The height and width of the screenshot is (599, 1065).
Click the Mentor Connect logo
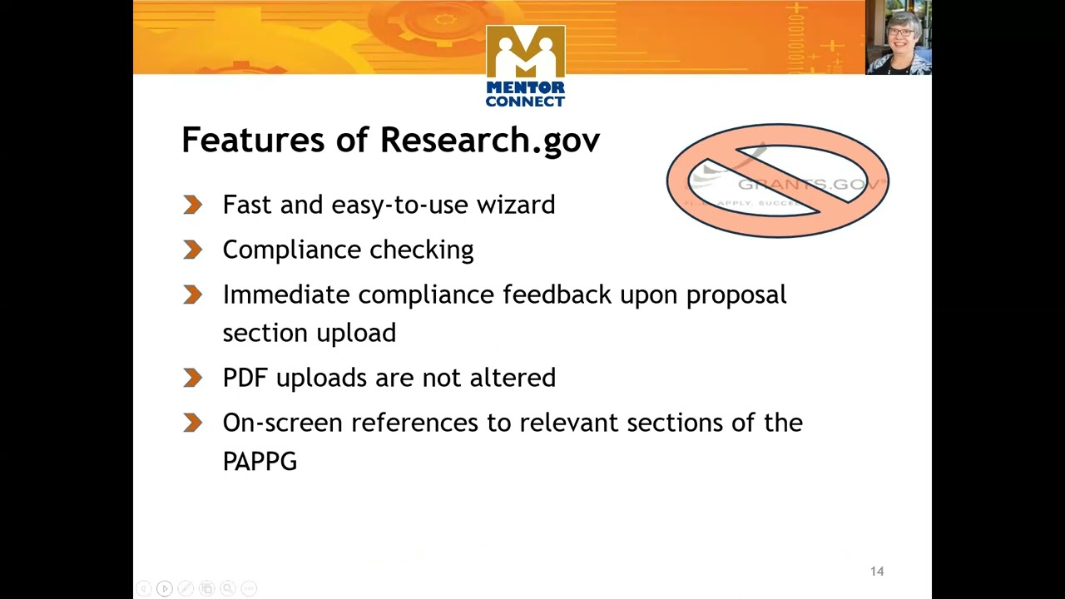(525, 66)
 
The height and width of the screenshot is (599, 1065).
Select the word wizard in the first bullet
(515, 205)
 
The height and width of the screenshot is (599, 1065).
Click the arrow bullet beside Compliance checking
(193, 250)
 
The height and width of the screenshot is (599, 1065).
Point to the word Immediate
(286, 295)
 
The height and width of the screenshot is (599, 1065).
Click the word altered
(513, 378)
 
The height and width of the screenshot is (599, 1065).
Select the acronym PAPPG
(260, 462)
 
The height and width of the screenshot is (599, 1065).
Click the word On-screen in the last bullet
(282, 423)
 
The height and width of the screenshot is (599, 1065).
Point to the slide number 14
(877, 572)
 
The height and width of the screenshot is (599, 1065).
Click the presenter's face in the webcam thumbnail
(900, 32)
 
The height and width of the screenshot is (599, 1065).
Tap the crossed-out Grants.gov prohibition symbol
(778, 181)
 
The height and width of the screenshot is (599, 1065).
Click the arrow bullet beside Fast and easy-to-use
(193, 205)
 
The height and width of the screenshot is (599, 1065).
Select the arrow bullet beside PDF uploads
(193, 378)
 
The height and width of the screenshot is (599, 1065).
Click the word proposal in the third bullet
(736, 295)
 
